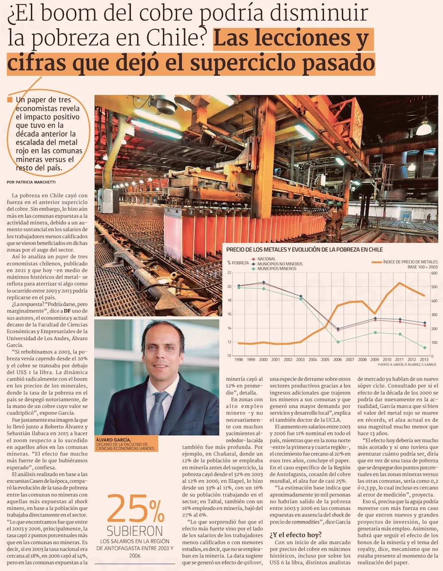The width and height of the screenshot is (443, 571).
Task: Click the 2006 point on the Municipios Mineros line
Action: (338, 342)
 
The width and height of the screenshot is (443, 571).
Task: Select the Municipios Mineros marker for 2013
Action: (424, 348)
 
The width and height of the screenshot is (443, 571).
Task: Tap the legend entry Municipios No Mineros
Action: (280, 264)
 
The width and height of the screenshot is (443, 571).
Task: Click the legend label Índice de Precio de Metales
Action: (410, 262)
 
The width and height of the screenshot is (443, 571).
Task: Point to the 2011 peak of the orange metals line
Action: (400, 283)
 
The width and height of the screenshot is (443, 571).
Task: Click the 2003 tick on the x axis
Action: (300, 360)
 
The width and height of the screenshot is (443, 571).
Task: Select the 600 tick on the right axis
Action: (434, 273)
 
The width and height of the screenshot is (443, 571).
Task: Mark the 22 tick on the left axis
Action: (229, 273)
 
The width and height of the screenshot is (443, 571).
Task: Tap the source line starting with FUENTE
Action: (407, 364)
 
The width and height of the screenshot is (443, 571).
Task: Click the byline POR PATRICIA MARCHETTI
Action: (31, 182)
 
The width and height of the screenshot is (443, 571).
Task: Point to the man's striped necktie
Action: (158, 412)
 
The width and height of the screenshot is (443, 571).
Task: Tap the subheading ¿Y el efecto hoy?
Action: (295, 535)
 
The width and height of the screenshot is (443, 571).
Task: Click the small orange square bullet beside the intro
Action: (10, 100)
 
